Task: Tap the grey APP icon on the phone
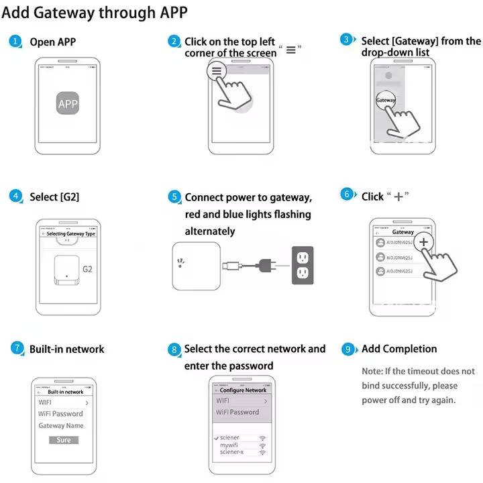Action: point(68,104)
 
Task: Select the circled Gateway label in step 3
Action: point(386,100)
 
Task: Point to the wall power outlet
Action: point(303,264)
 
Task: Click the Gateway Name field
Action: point(61,426)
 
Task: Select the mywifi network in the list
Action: point(229,445)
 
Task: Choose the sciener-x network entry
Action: point(232,452)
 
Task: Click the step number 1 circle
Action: point(15,42)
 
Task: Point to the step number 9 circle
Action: point(347,349)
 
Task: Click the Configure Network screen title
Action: point(243,390)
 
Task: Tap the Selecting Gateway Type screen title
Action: point(71,233)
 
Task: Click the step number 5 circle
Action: point(174,197)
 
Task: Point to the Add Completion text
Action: point(399,349)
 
